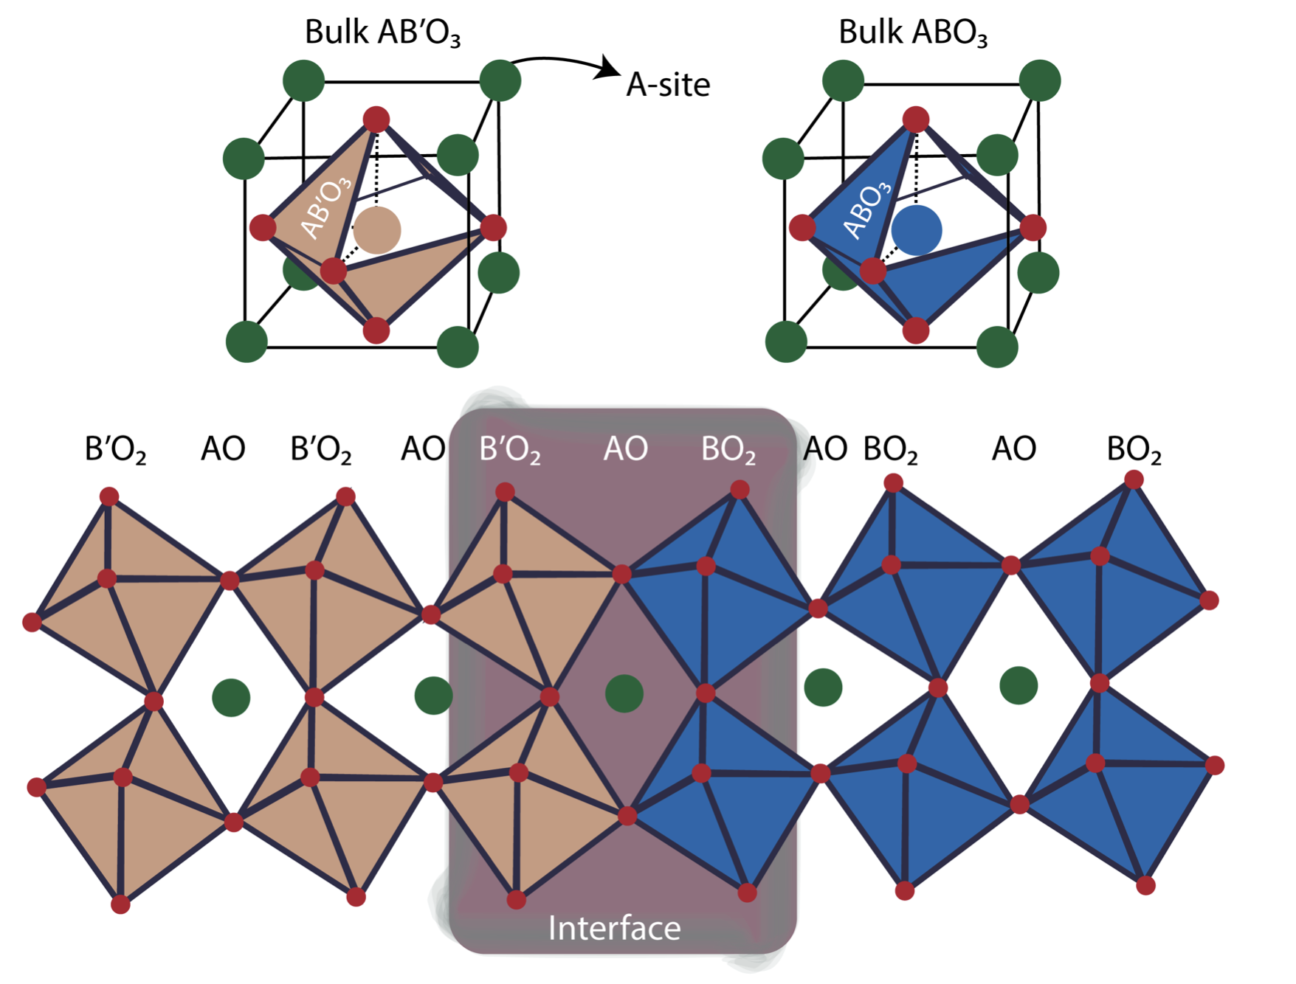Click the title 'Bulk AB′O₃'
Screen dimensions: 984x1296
pos(382,33)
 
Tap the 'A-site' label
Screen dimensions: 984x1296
pos(667,85)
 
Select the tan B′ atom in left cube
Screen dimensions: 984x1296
pos(377,230)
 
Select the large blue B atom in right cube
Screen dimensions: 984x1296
pos(916,230)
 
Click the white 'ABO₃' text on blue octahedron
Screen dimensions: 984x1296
pos(868,211)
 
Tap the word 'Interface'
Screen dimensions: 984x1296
pos(614,928)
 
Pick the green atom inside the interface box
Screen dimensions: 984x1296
pos(624,693)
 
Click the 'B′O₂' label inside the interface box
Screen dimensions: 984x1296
pos(509,449)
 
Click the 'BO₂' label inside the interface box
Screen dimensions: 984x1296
pos(728,449)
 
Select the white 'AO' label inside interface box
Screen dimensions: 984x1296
pos(625,448)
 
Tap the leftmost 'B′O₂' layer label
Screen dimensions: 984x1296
pos(116,449)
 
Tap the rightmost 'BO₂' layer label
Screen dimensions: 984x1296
pos(1134,449)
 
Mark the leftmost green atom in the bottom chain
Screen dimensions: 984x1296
pos(231,698)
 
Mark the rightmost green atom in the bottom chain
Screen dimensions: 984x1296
pos(1018,685)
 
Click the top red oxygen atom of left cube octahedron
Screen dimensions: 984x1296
pos(376,119)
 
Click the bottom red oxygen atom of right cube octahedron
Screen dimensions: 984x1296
pos(916,330)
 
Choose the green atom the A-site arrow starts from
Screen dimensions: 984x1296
pos(500,80)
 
